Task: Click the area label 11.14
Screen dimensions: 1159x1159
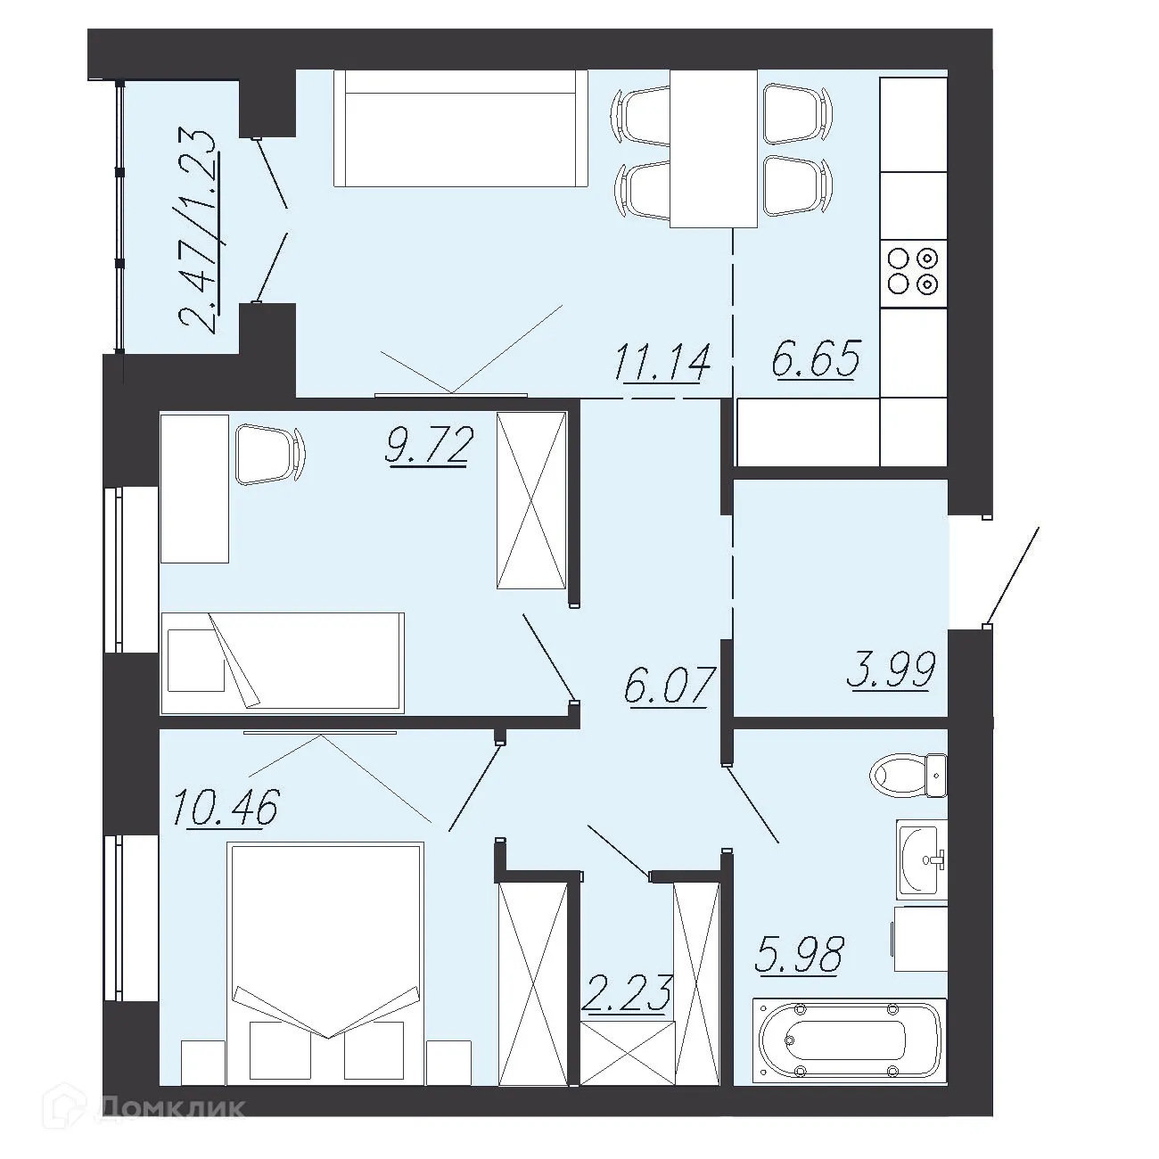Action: pos(661,364)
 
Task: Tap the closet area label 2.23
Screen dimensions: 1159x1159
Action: pos(626,994)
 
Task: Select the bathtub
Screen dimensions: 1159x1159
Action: pos(848,1040)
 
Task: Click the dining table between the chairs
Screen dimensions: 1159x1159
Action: pos(713,149)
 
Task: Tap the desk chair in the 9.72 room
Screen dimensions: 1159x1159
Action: pos(268,454)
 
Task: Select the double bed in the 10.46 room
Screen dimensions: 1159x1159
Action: pos(325,963)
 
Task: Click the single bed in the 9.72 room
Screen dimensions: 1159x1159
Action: pos(282,662)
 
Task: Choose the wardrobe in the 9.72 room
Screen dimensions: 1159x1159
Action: pos(531,499)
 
